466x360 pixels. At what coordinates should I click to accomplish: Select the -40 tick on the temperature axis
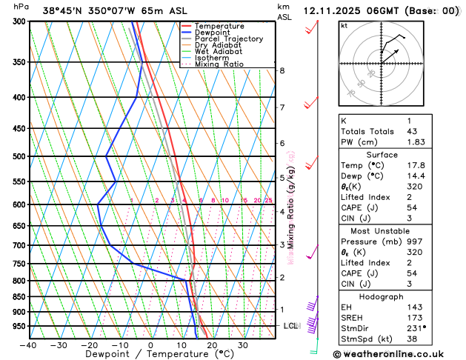28,345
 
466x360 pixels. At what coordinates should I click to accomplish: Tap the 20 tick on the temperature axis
212,345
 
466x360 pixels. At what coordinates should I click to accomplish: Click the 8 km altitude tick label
282,70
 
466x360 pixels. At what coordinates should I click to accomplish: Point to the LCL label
290,326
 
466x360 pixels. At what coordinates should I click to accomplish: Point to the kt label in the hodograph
344,25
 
